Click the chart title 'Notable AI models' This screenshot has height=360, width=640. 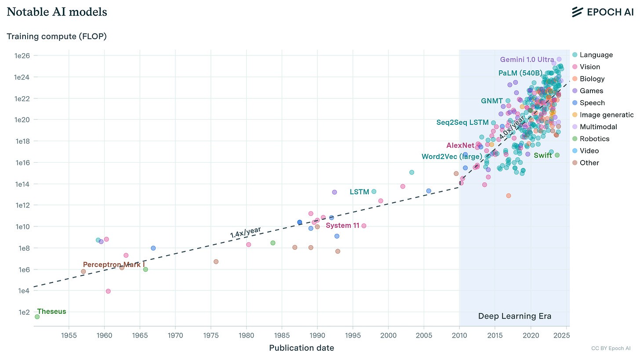(57, 12)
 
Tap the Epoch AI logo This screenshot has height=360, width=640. (602, 12)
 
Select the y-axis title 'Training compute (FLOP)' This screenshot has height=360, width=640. (56, 36)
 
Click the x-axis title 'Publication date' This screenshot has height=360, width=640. (301, 348)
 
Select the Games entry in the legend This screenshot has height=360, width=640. (591, 91)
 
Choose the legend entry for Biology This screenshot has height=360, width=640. (592, 79)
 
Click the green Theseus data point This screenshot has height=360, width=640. (37, 316)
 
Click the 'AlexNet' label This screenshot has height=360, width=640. (460, 145)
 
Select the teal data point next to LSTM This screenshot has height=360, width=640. (374, 191)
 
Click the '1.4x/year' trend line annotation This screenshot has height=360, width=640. (246, 232)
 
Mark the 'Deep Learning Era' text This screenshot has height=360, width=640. (514, 316)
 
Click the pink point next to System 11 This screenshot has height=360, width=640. (364, 226)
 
